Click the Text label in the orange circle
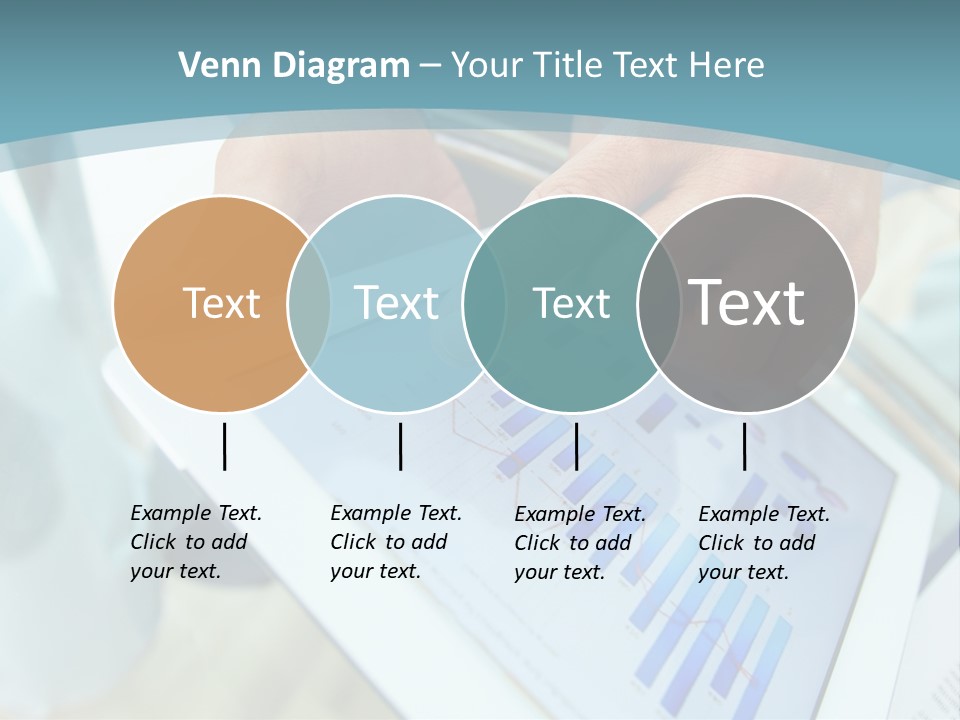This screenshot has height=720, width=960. pyautogui.click(x=221, y=303)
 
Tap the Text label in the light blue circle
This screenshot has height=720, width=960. pyautogui.click(x=396, y=303)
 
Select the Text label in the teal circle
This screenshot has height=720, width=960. pyautogui.click(x=571, y=303)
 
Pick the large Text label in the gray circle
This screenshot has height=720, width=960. pyautogui.click(x=747, y=302)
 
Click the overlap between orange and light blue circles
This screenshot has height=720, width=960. pyautogui.click(x=309, y=304)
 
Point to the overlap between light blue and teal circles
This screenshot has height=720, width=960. pyautogui.click(x=484, y=304)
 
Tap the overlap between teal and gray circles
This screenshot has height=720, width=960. pyautogui.click(x=658, y=304)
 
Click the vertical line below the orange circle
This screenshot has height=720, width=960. pyautogui.click(x=224, y=446)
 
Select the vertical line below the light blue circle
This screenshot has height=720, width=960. pyautogui.click(x=400, y=446)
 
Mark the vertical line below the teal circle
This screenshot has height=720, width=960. pyautogui.click(x=576, y=446)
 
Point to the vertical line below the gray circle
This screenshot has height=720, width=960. pyautogui.click(x=745, y=446)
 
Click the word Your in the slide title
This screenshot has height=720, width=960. pyautogui.click(x=488, y=66)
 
